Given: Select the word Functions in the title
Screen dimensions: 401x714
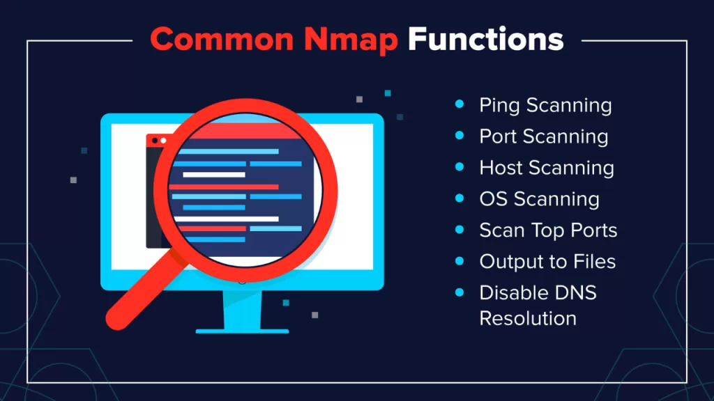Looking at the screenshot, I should coord(485,40).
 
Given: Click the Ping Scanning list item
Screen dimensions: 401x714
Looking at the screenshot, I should coord(545,106).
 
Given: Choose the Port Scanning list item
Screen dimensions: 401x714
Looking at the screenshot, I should coord(543,136).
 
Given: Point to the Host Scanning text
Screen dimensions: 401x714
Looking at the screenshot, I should coord(547,168).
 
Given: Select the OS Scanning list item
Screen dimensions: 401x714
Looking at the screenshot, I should coord(539,199).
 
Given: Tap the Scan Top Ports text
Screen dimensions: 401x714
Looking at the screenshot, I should coord(548,230).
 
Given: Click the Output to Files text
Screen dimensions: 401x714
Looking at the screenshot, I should coord(547,261).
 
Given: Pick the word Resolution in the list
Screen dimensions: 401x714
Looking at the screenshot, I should coord(528,319).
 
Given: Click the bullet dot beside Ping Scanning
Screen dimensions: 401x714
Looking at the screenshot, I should coord(459,105).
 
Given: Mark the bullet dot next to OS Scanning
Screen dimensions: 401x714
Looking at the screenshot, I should coord(459,198).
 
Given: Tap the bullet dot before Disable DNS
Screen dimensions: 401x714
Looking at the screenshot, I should coord(459,292).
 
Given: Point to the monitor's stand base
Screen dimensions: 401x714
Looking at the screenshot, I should coord(243,326).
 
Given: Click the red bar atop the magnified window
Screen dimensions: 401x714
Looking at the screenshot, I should coord(237,130).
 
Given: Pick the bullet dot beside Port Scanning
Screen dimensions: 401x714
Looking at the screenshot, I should coord(459,136).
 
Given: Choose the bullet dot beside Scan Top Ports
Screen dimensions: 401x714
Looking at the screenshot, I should coord(459,230).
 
